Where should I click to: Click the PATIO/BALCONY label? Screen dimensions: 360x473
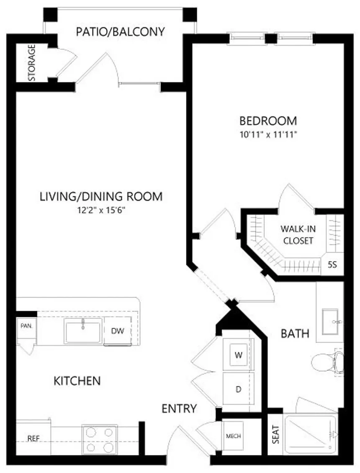click(x=120, y=31)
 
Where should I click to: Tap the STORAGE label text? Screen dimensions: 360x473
click(x=32, y=63)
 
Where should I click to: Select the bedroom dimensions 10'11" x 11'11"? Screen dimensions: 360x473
click(x=268, y=134)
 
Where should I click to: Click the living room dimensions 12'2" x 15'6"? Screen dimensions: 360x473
click(x=101, y=210)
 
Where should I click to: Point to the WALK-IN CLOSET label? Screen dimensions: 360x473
click(x=298, y=235)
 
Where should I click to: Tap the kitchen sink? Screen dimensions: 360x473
click(x=83, y=332)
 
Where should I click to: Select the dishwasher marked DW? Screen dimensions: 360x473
click(x=118, y=331)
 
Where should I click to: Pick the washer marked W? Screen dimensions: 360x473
click(x=239, y=355)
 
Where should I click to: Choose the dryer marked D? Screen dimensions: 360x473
click(x=239, y=389)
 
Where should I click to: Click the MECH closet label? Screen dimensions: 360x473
click(x=233, y=436)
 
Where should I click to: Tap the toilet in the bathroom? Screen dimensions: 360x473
click(x=327, y=363)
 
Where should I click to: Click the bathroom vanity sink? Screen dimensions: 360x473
click(x=330, y=322)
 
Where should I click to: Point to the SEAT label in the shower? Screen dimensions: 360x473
click(x=275, y=434)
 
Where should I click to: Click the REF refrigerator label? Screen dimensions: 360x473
click(x=33, y=439)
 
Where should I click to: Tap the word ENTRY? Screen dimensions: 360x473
click(x=179, y=408)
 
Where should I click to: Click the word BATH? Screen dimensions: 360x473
click(x=295, y=333)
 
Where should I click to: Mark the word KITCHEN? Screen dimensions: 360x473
click(x=77, y=381)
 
